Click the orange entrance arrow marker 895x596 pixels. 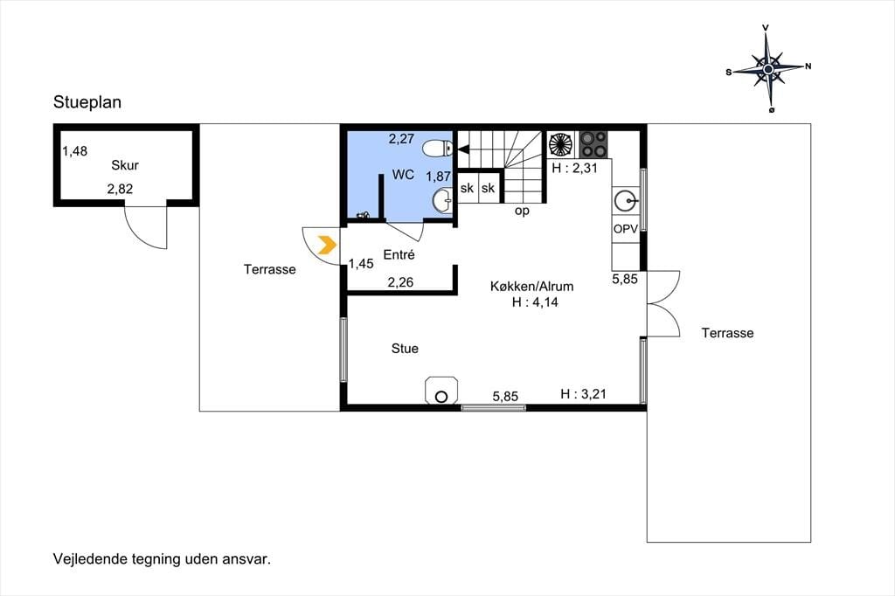tap(327, 245)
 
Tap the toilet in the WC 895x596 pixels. tap(438, 149)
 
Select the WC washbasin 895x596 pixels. tap(442, 200)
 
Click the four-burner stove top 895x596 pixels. tap(593, 144)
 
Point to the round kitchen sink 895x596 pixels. tap(626, 201)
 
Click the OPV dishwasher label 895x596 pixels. tap(626, 229)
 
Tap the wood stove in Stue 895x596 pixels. tap(441, 391)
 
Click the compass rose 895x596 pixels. tap(768, 69)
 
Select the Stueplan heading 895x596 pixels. tap(87, 102)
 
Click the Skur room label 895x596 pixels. tap(125, 165)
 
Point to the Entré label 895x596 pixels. tap(399, 254)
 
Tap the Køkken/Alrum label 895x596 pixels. tap(532, 286)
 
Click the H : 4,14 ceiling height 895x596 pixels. tap(535, 302)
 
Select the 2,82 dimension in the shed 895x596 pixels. tap(120, 189)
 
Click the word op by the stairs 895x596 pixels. tap(522, 211)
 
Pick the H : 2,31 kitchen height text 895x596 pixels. tap(574, 168)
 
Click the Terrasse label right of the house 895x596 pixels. tap(728, 333)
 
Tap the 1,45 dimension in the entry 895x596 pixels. tap(361, 264)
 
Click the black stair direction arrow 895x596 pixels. tap(463, 149)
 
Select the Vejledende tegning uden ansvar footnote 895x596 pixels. tap(162, 559)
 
